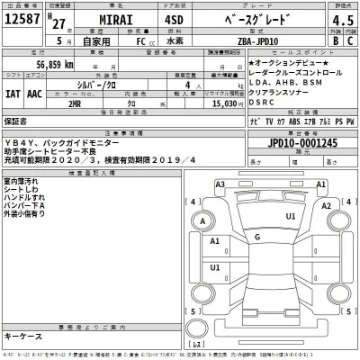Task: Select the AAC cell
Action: (x=34, y=91)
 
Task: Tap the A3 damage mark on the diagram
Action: (x=220, y=184)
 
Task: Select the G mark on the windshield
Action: (x=257, y=236)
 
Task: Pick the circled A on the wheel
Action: (x=205, y=221)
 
